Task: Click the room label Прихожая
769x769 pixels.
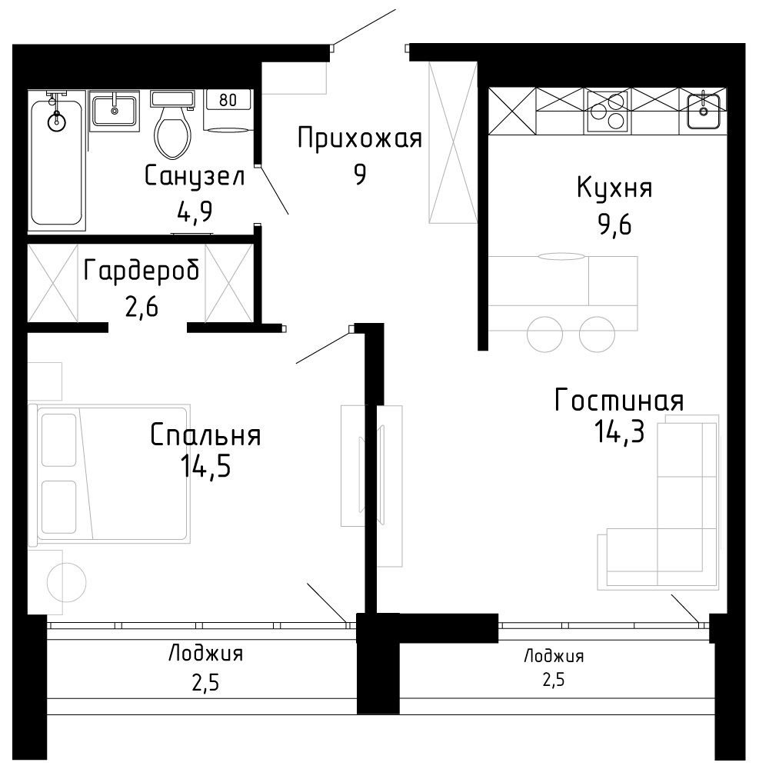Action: coord(359,139)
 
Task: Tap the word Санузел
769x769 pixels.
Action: coord(195,176)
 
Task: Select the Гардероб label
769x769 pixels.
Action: coord(141,271)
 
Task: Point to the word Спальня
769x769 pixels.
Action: coord(205,434)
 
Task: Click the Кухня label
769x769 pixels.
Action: coord(614,187)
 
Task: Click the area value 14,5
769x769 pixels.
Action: coord(205,466)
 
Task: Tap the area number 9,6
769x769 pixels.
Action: coord(614,224)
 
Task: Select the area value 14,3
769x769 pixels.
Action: coord(619,431)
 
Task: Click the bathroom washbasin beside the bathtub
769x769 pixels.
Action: coord(115,111)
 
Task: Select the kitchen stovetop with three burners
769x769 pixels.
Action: coord(608,112)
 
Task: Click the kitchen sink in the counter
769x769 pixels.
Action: coord(704,111)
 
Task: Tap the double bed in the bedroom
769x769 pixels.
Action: coord(110,474)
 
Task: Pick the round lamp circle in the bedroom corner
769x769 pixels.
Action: coord(66,582)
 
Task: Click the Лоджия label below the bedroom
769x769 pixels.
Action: coord(205,654)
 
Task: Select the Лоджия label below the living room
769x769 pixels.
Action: coord(554,656)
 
